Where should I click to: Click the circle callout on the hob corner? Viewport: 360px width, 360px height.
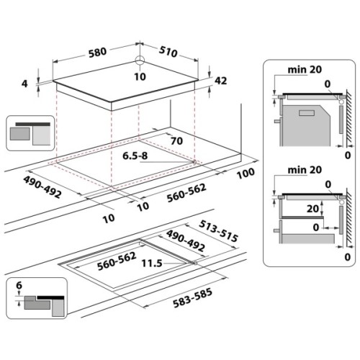[140, 63]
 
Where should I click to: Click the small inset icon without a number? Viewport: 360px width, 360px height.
[30, 133]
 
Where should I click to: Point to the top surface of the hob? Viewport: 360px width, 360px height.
[130, 83]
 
